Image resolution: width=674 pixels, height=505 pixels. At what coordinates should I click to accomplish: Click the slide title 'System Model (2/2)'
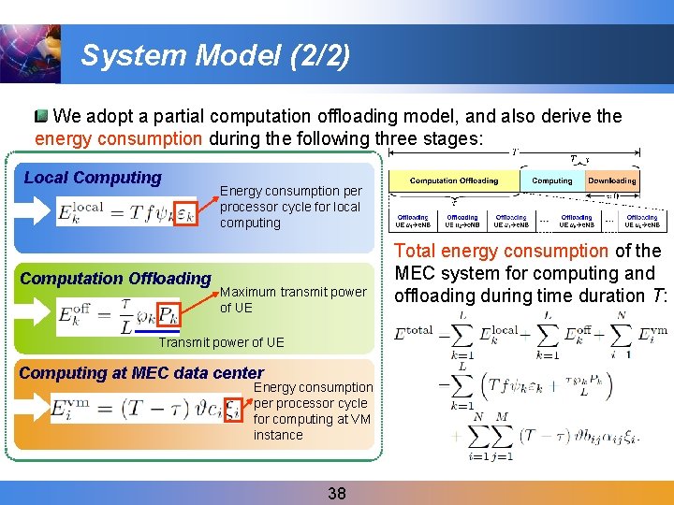[215, 55]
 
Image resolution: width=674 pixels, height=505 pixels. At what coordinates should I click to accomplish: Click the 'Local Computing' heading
[93, 178]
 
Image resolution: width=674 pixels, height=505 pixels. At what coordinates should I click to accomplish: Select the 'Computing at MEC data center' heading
[141, 373]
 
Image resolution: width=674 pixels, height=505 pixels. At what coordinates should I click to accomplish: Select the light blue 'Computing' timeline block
[552, 180]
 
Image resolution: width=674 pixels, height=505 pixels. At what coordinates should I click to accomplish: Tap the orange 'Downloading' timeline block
[612, 180]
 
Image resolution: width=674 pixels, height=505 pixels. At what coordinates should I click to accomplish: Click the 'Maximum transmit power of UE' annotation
[293, 299]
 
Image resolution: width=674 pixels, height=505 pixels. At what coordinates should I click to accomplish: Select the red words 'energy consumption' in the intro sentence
[118, 138]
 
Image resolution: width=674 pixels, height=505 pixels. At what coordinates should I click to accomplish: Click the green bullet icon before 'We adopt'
[41, 117]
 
